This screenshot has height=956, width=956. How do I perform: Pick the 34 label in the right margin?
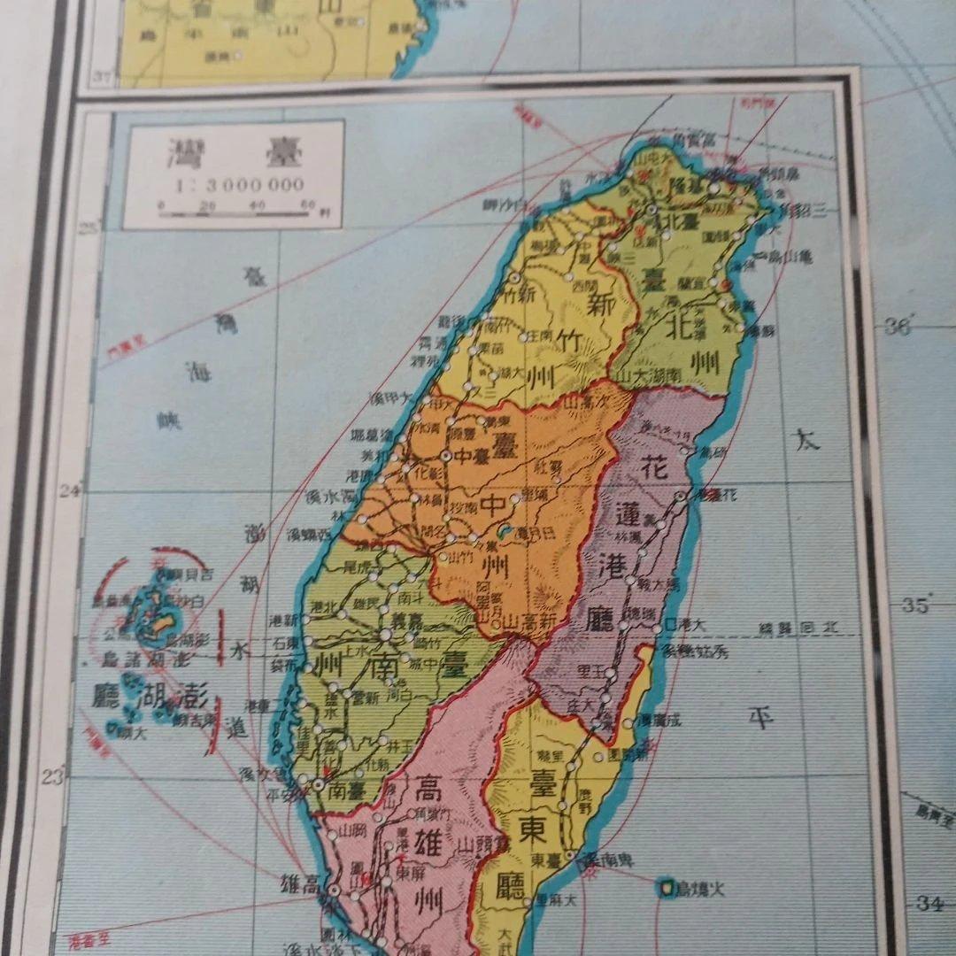(927, 903)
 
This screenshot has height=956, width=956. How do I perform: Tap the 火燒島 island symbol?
(666, 886)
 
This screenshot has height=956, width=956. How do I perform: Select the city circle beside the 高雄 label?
(335, 890)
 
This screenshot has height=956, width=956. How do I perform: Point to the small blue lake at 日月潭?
(505, 532)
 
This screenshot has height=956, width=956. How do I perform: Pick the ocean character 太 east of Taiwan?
(806, 439)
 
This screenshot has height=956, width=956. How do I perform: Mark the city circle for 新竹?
(514, 277)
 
